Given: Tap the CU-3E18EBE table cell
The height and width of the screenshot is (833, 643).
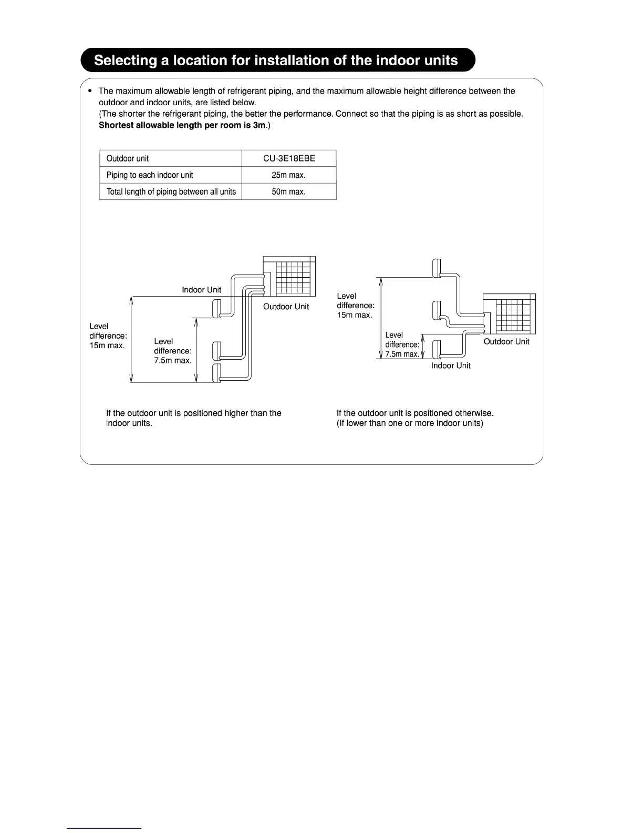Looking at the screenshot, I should pos(289,158).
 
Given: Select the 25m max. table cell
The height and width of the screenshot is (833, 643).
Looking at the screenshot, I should pos(289,175).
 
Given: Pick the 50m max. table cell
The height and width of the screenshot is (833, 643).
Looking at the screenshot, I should pos(289,191).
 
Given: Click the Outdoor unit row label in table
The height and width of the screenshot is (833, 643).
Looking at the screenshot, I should pos(128,158).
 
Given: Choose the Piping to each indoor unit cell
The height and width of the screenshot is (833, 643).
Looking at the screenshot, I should pos(150,175).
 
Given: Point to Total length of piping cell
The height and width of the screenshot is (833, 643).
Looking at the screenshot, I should pos(171,191).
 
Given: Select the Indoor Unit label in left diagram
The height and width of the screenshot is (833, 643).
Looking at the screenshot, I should pos(201,290).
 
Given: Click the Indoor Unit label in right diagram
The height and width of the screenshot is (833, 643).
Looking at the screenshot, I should pos(451,365).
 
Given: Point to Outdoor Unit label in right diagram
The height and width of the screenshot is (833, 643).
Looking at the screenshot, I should pos(506,341).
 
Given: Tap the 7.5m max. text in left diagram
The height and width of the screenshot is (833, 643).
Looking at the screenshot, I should pos(172,360).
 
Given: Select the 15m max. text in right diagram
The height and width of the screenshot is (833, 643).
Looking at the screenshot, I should pos(355,315).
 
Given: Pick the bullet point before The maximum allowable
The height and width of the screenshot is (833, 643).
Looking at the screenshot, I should pos(90,91).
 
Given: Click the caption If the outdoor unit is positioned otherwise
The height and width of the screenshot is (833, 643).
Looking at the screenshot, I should pos(415,413).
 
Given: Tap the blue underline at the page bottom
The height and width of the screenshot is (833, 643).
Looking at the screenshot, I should pos(104,828).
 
